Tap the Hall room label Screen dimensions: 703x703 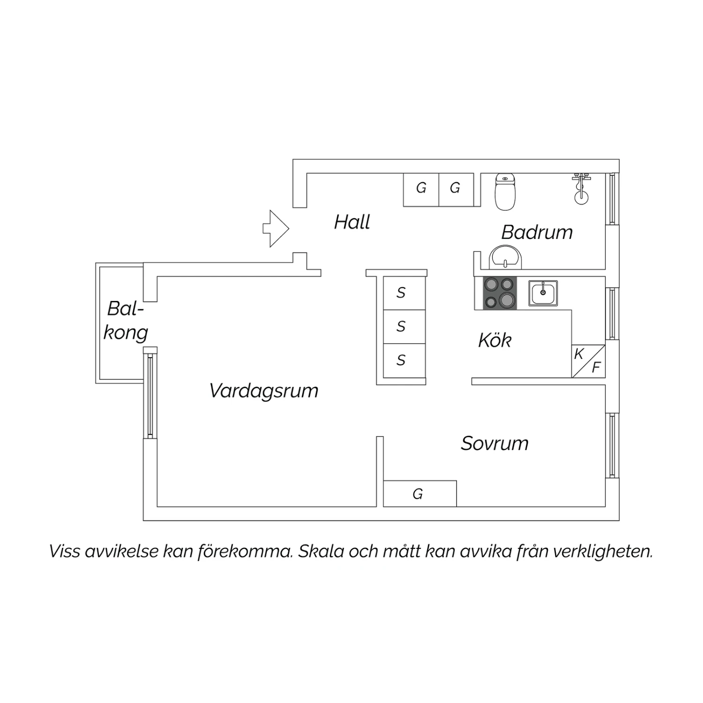352,222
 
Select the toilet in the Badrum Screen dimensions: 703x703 505,191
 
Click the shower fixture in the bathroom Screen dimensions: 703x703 581,188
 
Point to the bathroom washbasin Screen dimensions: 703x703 505,258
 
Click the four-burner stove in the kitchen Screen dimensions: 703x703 500,293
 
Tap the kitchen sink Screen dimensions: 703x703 543,293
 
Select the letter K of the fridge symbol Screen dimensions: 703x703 579,354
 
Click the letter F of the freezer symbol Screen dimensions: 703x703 596,367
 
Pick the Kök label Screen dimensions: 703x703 495,340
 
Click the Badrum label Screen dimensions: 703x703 537,232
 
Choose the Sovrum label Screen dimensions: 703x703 495,443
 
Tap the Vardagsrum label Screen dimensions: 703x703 264,391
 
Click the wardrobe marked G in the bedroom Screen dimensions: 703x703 420,494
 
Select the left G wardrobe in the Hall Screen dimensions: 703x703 421,190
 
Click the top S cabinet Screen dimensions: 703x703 404,293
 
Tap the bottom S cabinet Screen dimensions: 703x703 404,360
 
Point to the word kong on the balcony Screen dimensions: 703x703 126,333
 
